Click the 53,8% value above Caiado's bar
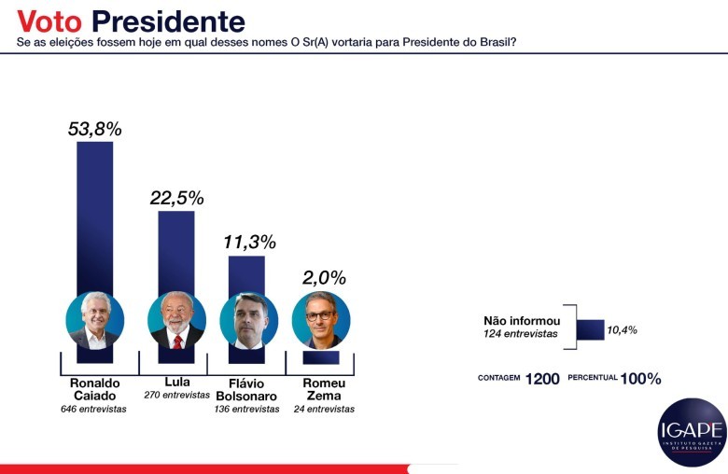click(x=94, y=129)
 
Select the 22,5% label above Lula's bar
click(x=176, y=198)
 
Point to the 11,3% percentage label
click(x=249, y=243)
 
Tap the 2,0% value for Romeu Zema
click(x=323, y=277)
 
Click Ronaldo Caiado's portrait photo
click(x=94, y=321)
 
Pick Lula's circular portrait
click(x=176, y=321)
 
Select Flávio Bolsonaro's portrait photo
click(x=248, y=321)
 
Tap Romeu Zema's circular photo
click(x=321, y=321)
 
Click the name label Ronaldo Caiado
click(x=94, y=390)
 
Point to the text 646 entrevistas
click(x=94, y=409)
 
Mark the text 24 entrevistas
click(x=324, y=409)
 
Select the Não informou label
click(x=522, y=320)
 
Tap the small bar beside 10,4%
click(x=590, y=329)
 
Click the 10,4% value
click(x=623, y=330)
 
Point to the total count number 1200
click(x=542, y=379)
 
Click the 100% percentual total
click(x=642, y=379)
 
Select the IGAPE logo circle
click(x=692, y=432)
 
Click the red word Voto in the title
click(x=51, y=21)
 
